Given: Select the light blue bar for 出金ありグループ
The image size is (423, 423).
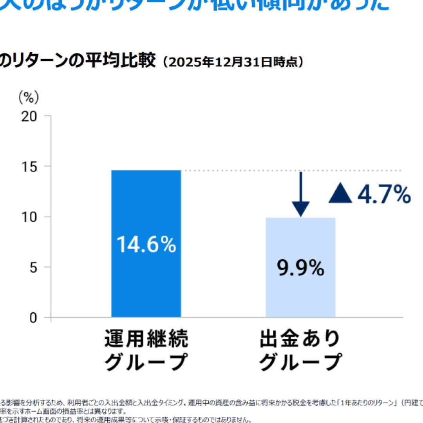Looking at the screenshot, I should pyautogui.click(x=300, y=298).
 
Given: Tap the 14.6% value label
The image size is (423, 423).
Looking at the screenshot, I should pyautogui.click(x=146, y=245).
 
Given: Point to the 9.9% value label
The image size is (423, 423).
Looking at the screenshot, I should pyautogui.click(x=300, y=268).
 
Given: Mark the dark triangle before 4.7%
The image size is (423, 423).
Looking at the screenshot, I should pyautogui.click(x=340, y=194).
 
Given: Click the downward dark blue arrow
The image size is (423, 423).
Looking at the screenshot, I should pyautogui.click(x=300, y=194).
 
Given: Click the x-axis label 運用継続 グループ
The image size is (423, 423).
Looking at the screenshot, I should pyautogui.click(x=146, y=351).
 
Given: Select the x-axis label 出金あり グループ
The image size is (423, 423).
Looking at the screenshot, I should pyautogui.click(x=300, y=351).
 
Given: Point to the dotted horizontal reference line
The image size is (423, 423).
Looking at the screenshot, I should pyautogui.click(x=235, y=170).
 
